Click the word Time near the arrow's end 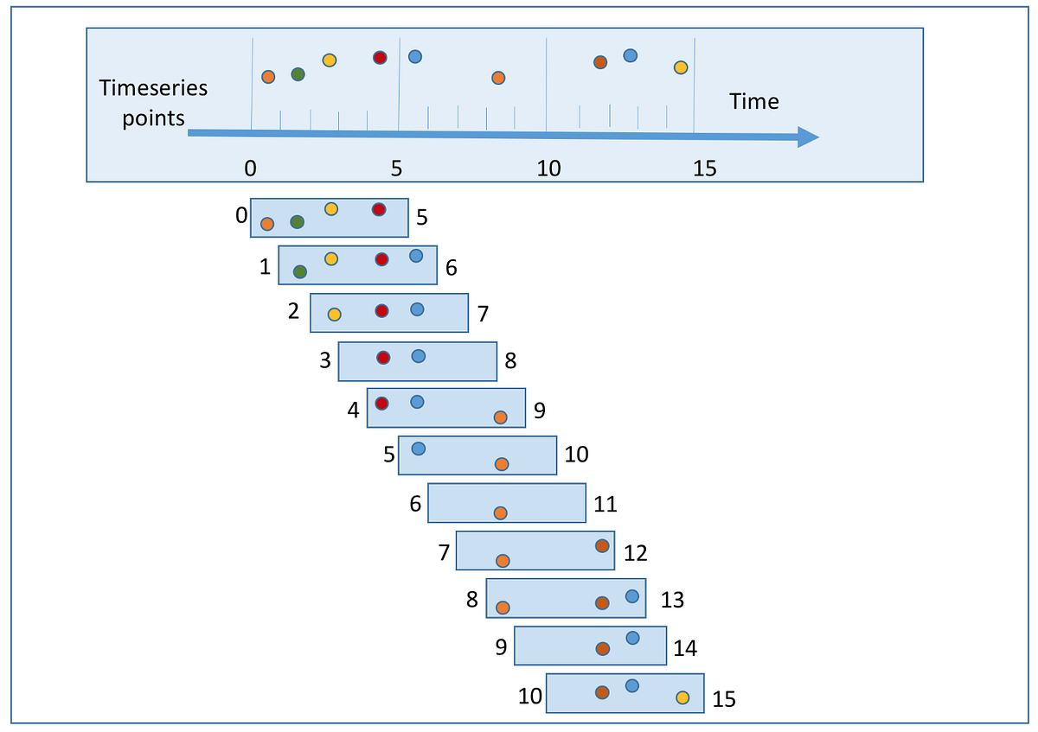(x=753, y=102)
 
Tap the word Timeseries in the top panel (x=153, y=87)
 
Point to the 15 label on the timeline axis (x=705, y=169)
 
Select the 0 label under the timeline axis (x=250, y=169)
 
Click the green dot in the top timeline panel (x=298, y=74)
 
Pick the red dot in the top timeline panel (x=380, y=58)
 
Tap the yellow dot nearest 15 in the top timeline (x=681, y=67)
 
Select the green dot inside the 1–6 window (x=300, y=272)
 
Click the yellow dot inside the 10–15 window (x=682, y=697)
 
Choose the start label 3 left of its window (x=325, y=360)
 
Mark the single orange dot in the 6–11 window (x=500, y=513)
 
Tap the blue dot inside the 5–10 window (x=419, y=449)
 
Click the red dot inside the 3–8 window (x=384, y=357)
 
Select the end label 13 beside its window (x=671, y=600)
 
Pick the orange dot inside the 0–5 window (x=267, y=224)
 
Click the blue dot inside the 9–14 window (x=632, y=638)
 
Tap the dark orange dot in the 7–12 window (x=602, y=545)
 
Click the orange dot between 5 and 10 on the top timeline (x=498, y=78)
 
